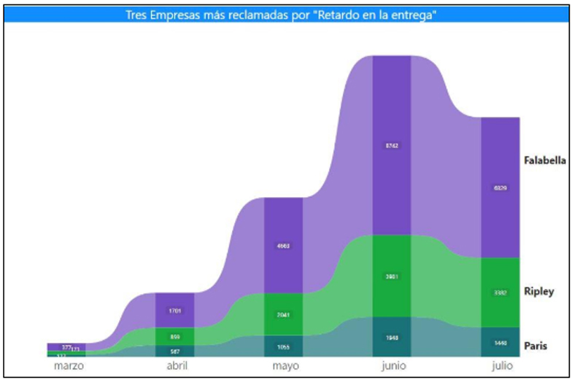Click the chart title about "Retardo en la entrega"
[285, 15]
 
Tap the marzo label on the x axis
[69, 365]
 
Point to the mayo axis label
[283, 365]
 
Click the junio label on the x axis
[392, 365]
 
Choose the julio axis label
[500, 365]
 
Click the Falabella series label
[544, 160]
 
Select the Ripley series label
[538, 292]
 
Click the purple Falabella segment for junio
[392, 145]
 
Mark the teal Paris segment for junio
[392, 337]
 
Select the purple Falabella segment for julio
[500, 187]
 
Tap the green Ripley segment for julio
[500, 292]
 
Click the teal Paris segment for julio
[500, 342]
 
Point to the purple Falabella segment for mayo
[283, 245]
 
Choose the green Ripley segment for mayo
[283, 314]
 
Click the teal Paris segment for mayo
[283, 346]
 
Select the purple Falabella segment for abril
[174, 310]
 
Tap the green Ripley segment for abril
[174, 336]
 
